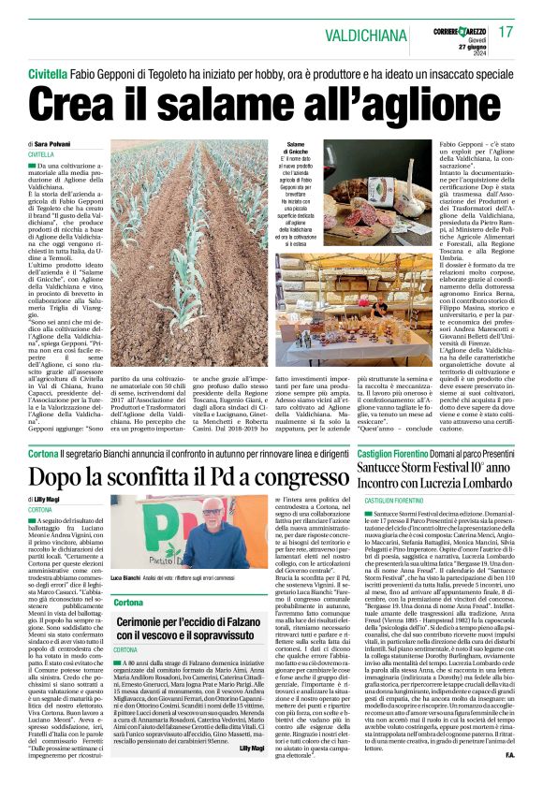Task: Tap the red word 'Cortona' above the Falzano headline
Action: [x=129, y=602]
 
